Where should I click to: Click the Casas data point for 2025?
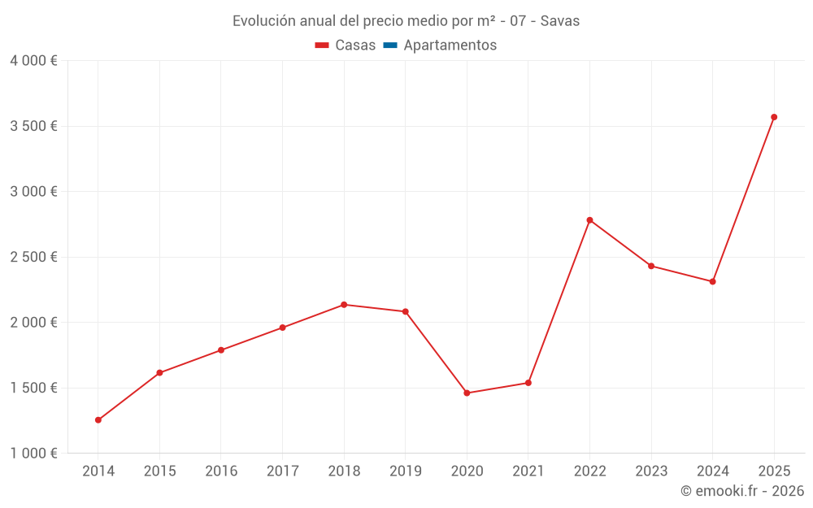(774, 117)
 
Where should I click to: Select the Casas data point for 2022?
(589, 220)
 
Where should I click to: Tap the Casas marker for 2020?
(467, 393)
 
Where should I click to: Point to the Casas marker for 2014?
(98, 420)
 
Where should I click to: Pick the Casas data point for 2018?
(344, 305)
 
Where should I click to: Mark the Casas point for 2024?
(712, 282)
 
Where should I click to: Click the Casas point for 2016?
(221, 350)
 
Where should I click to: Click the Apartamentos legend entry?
(450, 46)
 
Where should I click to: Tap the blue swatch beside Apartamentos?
(389, 46)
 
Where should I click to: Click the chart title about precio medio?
(406, 21)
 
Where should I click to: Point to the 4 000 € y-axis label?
(33, 61)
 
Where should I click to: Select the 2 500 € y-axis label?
(33, 257)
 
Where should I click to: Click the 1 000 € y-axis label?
(33, 454)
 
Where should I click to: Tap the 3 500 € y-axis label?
(33, 126)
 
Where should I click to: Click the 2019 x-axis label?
(405, 471)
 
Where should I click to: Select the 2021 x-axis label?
(528, 471)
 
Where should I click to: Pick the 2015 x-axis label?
(159, 471)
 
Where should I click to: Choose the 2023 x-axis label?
(650, 471)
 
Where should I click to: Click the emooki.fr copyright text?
(741, 491)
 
